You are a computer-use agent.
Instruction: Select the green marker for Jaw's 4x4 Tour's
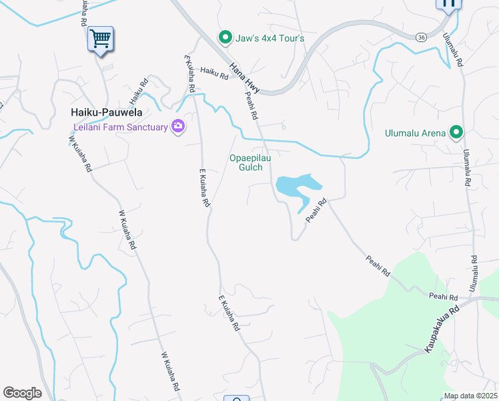tap(226, 37)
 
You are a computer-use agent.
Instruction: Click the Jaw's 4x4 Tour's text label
tap(270, 38)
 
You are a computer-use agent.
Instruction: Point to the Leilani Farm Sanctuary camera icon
tap(177, 126)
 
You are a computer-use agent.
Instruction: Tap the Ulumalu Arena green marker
tap(456, 132)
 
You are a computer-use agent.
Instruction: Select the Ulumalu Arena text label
tap(415, 133)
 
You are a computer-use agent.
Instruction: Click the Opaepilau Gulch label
tap(250, 162)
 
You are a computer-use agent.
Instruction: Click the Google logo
tap(22, 393)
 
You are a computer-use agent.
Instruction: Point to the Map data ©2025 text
tap(470, 396)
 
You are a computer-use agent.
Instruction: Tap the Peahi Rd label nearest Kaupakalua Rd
tap(443, 297)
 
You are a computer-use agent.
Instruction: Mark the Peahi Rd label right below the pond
tap(316, 211)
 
